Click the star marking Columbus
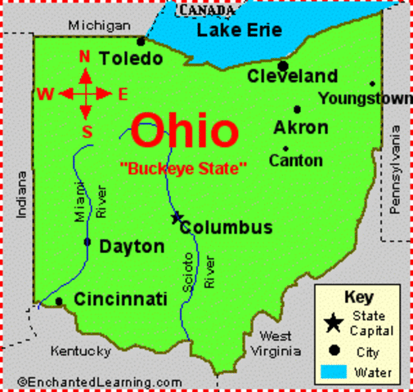[x=176, y=217]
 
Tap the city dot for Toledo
[x=141, y=40]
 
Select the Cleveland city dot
[x=283, y=66]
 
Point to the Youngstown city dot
[x=372, y=83]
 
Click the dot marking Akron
[x=297, y=109]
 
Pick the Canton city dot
[x=285, y=148]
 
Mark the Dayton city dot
[x=88, y=242]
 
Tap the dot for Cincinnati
[x=59, y=301]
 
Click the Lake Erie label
[x=239, y=32]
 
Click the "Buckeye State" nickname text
[x=183, y=168]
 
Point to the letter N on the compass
[x=83, y=56]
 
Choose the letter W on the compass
[x=45, y=94]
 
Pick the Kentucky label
[x=80, y=351]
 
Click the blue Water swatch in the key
[x=333, y=372]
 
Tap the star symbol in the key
[x=333, y=323]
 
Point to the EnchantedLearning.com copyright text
[x=99, y=381]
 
